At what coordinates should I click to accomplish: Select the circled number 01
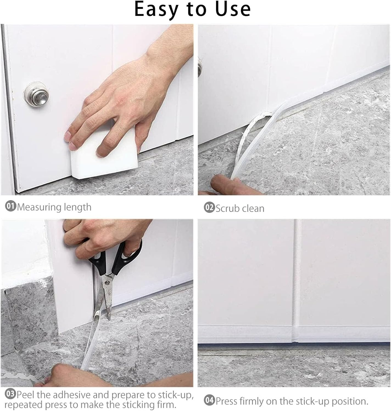click(11, 207)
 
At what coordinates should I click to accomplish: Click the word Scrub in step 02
click(227, 209)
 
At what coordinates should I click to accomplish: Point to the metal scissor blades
click(106, 296)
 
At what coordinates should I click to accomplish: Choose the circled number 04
click(209, 401)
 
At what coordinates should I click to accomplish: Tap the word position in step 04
click(349, 401)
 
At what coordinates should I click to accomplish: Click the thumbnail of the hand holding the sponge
click(97, 109)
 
